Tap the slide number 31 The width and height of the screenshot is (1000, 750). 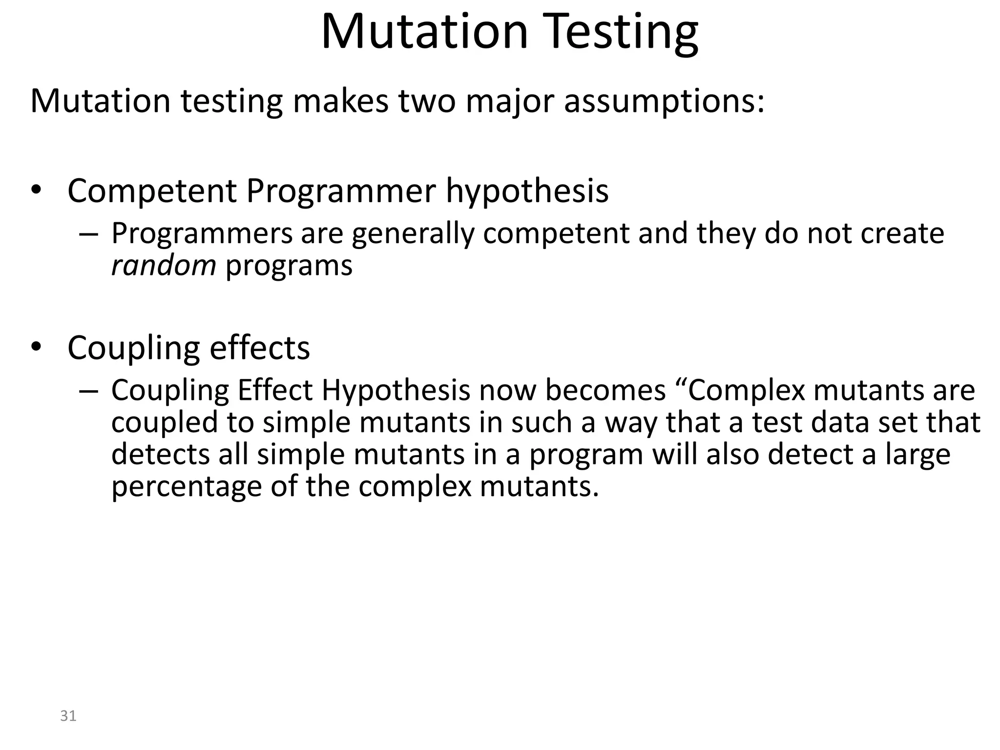tap(68, 716)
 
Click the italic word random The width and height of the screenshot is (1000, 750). tap(164, 266)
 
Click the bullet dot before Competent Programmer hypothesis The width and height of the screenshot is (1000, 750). tap(36, 191)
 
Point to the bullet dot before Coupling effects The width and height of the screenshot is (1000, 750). tap(36, 348)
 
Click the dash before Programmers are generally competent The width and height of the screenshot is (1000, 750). tap(88, 234)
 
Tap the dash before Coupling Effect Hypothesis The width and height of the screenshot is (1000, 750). tap(88, 391)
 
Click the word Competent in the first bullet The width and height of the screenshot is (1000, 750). tap(152, 191)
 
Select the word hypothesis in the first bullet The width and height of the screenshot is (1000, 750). tap(527, 191)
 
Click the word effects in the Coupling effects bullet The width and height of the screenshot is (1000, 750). tap(259, 348)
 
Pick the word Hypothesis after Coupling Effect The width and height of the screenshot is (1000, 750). tap(396, 391)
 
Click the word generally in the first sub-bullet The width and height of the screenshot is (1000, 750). tap(413, 234)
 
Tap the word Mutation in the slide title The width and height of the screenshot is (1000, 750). tap(425, 32)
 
